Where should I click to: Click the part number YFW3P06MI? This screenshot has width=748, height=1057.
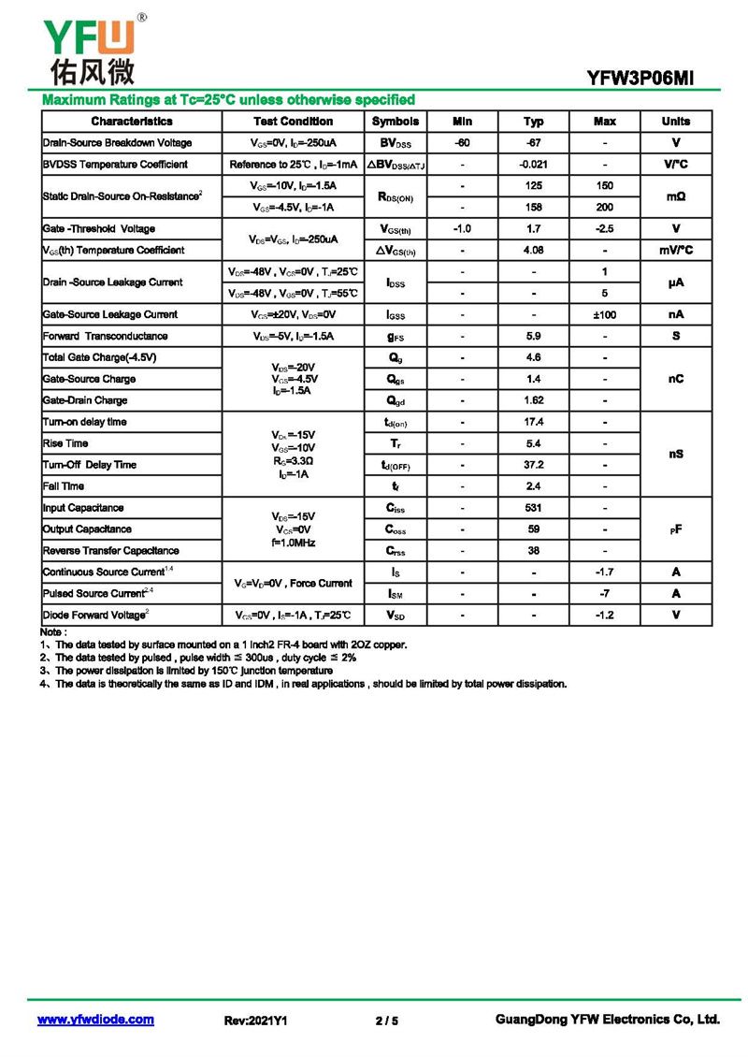(x=640, y=80)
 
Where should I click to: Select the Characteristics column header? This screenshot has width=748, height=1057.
(x=132, y=122)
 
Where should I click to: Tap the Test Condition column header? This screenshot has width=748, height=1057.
(x=293, y=122)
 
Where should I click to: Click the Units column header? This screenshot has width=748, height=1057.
(x=675, y=122)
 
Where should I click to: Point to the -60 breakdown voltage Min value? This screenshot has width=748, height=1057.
(x=462, y=143)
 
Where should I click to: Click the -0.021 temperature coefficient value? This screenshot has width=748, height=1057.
(x=533, y=165)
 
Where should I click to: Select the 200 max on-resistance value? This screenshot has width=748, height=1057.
(x=604, y=208)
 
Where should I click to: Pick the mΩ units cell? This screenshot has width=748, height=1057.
(x=675, y=196)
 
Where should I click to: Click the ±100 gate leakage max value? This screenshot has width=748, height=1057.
(x=604, y=315)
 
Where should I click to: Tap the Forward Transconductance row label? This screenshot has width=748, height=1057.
(x=106, y=337)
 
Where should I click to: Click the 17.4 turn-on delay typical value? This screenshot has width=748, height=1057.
(x=533, y=423)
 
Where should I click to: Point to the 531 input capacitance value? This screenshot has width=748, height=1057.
(x=533, y=509)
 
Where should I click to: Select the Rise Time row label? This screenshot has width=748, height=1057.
(x=65, y=444)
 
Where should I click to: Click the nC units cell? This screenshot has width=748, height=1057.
(x=675, y=379)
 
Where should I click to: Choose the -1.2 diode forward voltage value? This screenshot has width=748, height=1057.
(x=604, y=615)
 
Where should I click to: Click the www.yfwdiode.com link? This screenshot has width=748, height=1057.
(x=95, y=1020)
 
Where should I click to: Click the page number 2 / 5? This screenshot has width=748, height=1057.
(x=386, y=1021)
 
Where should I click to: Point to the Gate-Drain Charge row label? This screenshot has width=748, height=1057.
(x=85, y=401)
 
